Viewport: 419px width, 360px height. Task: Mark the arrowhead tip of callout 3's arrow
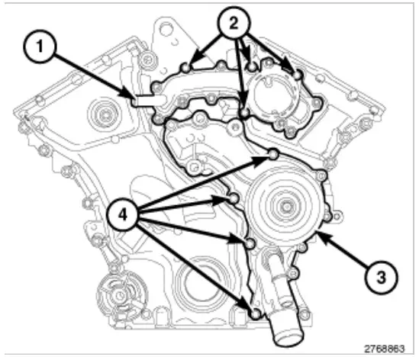point(322,233)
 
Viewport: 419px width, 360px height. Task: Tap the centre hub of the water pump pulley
point(285,206)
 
